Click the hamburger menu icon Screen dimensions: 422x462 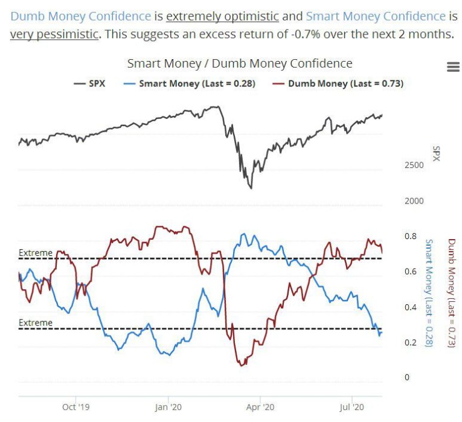coord(453,67)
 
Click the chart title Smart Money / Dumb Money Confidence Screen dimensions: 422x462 coord(240,63)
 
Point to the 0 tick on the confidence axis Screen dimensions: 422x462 coord(406,378)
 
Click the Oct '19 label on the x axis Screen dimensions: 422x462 coord(76,408)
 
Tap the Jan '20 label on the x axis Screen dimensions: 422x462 coord(169,408)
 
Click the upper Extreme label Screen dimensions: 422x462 coord(36,253)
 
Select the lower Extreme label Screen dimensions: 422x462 coord(36,323)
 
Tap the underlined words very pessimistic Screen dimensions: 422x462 coord(54,33)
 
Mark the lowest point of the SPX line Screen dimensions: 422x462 coord(251,188)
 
